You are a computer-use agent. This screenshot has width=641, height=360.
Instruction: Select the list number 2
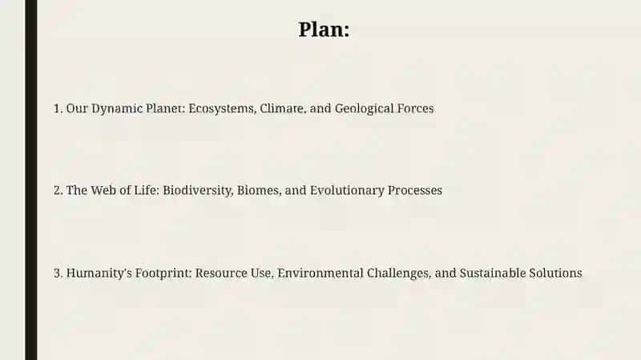coord(58,190)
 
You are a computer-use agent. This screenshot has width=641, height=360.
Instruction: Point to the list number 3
coord(58,273)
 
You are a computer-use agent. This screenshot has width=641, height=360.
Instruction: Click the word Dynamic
coord(117,109)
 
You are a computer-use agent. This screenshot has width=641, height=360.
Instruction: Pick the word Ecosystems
coord(222,109)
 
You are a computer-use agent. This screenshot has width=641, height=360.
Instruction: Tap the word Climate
coord(282,108)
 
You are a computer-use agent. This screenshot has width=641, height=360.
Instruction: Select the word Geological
coord(358,109)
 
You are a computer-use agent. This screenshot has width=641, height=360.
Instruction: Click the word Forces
coord(409,108)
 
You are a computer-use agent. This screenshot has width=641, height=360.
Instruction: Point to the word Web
coord(103,190)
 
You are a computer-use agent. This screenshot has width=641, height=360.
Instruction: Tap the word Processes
coord(415,190)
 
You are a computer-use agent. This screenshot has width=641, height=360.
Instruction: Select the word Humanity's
coord(99,273)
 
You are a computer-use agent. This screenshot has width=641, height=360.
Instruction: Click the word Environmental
coord(320,273)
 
